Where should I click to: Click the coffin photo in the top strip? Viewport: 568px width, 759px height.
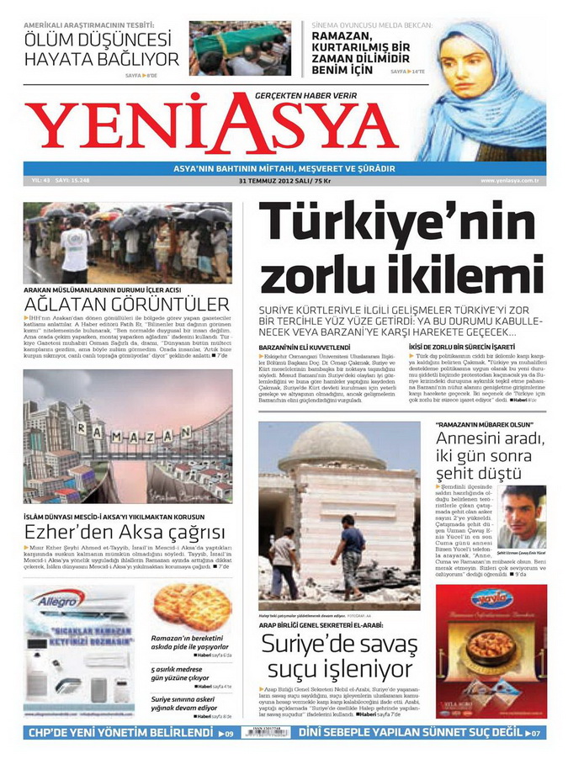240,48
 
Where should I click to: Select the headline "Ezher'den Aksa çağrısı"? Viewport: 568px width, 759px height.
124,532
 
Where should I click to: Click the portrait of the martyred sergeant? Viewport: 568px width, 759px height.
522,514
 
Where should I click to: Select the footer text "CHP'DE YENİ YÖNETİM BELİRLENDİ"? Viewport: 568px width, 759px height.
120,733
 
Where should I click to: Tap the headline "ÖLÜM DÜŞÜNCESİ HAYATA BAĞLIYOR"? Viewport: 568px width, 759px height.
101,49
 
